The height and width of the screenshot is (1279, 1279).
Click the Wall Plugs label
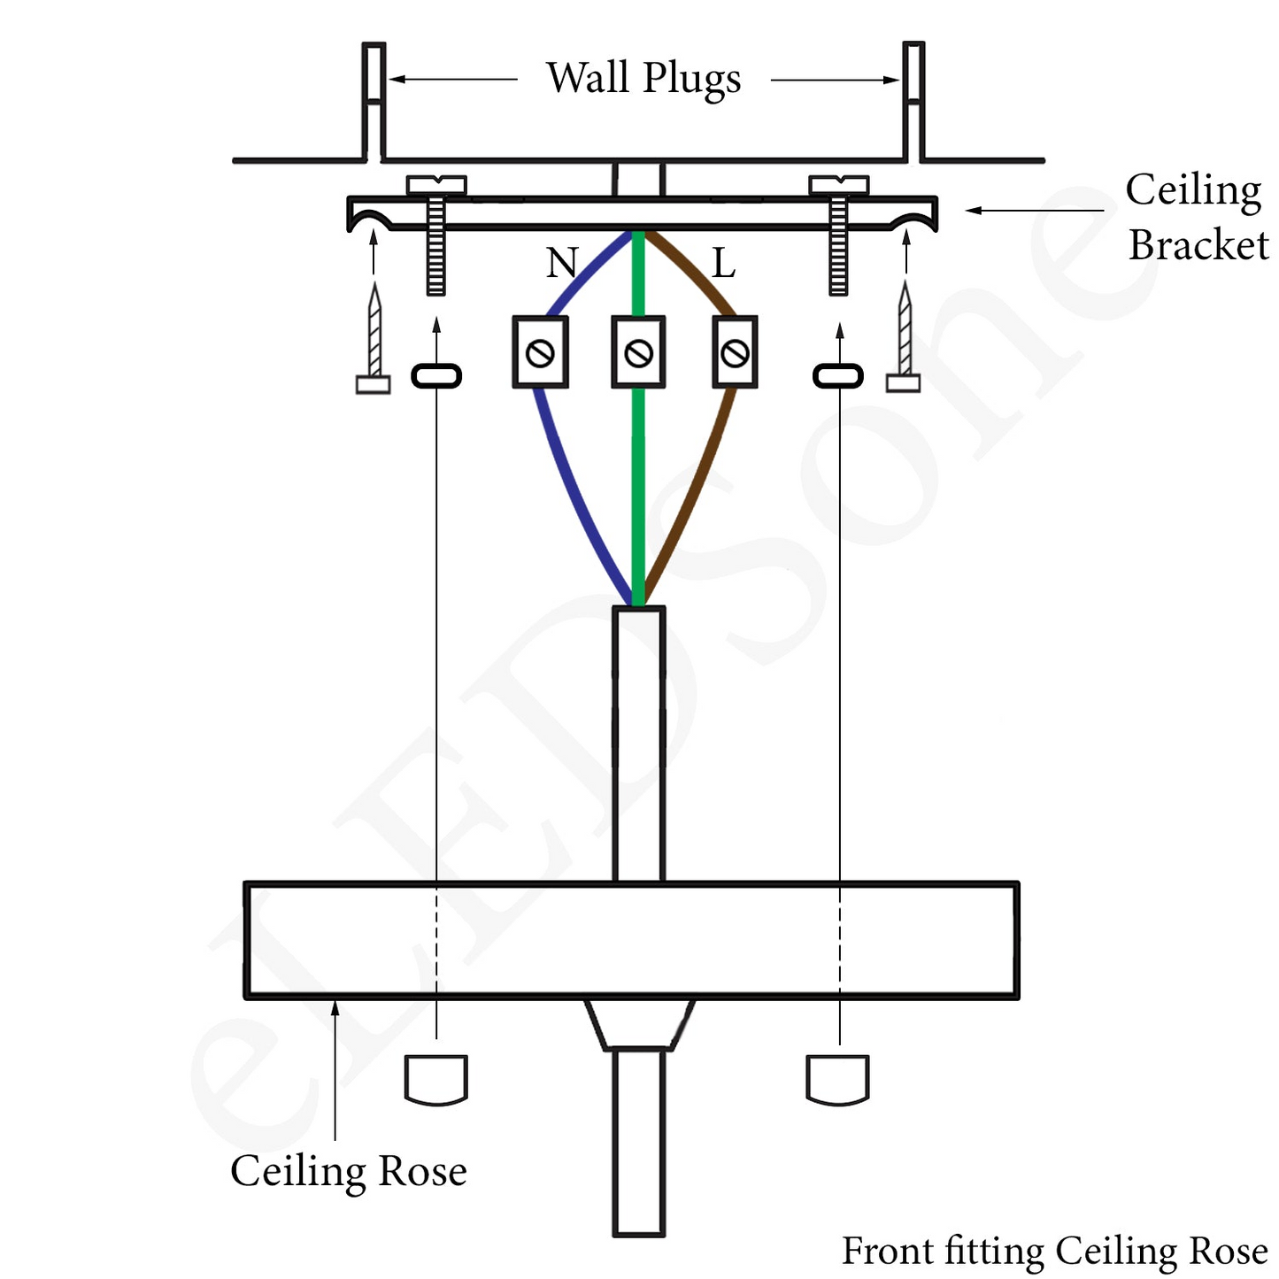tap(643, 79)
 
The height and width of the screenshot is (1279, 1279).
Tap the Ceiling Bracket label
tap(1196, 217)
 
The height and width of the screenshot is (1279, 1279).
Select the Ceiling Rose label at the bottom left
tap(349, 1171)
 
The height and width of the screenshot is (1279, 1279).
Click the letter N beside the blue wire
tap(562, 263)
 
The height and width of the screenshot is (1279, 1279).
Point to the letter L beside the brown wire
tap(723, 264)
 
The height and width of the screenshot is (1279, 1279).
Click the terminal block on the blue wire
tap(540, 352)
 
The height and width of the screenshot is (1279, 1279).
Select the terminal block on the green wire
tap(638, 352)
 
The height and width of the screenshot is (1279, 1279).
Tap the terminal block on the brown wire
tap(735, 352)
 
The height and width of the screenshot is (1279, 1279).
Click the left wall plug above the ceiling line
tap(374, 100)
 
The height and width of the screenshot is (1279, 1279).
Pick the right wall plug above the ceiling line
tap(913, 100)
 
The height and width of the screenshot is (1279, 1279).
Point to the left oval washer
tap(436, 376)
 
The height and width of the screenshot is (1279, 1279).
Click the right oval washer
tap(838, 376)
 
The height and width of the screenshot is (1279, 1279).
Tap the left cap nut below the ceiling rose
tap(436, 1079)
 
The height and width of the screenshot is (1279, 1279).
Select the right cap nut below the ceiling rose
tap(838, 1079)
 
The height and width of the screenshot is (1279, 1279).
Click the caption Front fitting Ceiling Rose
tap(1054, 1252)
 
